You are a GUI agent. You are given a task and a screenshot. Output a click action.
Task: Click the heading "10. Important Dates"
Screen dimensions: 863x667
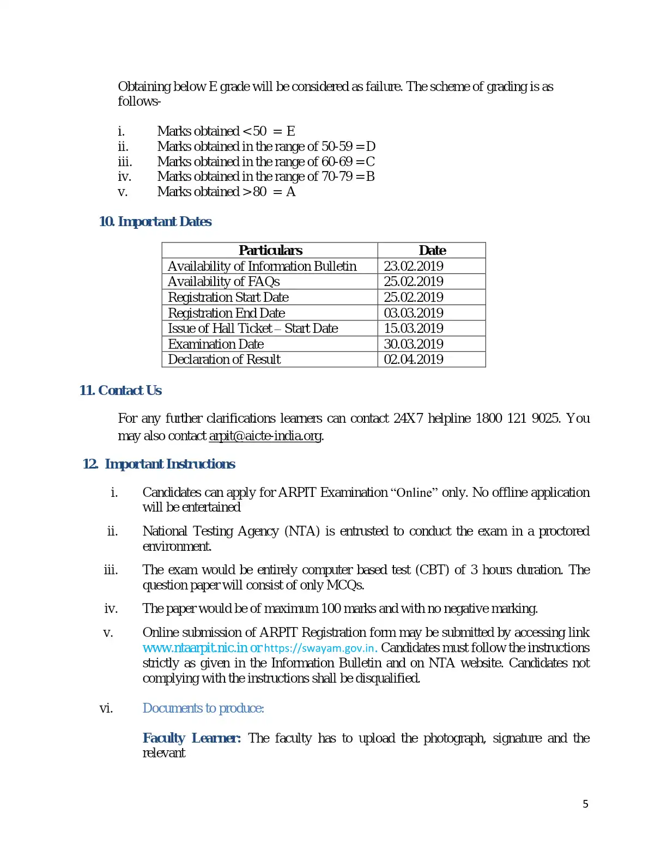pyautogui.click(x=155, y=222)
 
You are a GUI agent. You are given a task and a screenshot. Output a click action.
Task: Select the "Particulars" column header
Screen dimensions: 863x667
pyautogui.click(x=270, y=251)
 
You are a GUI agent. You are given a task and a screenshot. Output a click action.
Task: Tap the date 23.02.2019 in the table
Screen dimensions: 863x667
pyautogui.click(x=414, y=266)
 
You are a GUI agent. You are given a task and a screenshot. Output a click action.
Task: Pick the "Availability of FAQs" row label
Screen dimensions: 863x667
pyautogui.click(x=224, y=282)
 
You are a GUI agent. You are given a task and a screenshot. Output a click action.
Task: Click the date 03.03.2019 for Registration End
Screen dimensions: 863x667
pyautogui.click(x=414, y=313)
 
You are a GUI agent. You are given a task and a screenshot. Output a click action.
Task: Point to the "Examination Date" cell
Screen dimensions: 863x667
pyautogui.click(x=216, y=344)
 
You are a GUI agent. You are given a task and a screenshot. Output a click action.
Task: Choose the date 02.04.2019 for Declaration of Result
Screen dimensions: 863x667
pyautogui.click(x=414, y=360)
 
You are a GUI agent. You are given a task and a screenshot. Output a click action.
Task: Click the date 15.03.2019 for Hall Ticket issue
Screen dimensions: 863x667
pyautogui.click(x=414, y=329)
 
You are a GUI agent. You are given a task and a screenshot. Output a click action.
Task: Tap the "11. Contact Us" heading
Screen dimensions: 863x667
pyautogui.click(x=120, y=391)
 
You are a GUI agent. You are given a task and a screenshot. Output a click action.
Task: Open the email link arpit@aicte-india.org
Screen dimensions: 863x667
pyautogui.click(x=265, y=436)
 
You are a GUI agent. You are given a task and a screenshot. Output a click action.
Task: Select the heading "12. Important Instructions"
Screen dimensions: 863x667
pyautogui.click(x=159, y=464)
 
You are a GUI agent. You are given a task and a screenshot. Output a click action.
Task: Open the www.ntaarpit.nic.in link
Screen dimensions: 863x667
pyautogui.click(x=195, y=648)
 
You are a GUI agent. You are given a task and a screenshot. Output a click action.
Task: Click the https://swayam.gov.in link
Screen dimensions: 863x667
pyautogui.click(x=320, y=648)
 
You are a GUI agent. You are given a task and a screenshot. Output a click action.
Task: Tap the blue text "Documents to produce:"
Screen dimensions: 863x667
pyautogui.click(x=203, y=708)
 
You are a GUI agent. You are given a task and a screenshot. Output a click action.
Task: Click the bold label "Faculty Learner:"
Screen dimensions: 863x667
pyautogui.click(x=192, y=738)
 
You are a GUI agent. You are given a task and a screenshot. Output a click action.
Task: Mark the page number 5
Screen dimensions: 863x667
pyautogui.click(x=586, y=804)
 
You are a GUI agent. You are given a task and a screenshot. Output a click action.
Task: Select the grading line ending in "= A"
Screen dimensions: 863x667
pyautogui.click(x=226, y=192)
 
